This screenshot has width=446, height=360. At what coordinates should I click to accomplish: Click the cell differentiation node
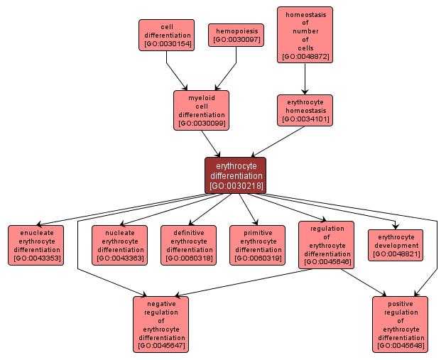166,35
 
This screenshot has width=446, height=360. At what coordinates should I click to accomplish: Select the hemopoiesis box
236,35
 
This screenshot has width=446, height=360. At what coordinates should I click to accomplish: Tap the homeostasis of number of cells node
305,34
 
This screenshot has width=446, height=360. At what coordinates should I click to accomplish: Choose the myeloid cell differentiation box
202,110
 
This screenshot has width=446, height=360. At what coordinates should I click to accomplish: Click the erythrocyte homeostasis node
305,110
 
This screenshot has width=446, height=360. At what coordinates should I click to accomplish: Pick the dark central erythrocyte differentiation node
236,175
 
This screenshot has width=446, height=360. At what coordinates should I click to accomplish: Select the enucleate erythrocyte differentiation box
36,245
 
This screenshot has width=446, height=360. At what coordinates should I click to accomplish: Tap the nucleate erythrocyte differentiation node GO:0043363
120,245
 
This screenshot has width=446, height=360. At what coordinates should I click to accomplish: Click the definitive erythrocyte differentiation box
189,245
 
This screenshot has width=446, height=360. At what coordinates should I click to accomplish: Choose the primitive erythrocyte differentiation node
258,245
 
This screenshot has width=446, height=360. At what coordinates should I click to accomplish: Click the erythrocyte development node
396,245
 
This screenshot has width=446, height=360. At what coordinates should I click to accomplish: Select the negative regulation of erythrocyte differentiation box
161,324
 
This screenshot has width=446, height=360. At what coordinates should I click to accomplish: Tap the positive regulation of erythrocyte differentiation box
401,324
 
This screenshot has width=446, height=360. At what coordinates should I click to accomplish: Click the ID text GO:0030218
236,186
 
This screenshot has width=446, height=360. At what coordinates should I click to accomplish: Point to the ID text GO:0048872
305,56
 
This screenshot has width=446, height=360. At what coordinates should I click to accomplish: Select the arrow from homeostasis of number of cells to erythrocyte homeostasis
305,79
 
